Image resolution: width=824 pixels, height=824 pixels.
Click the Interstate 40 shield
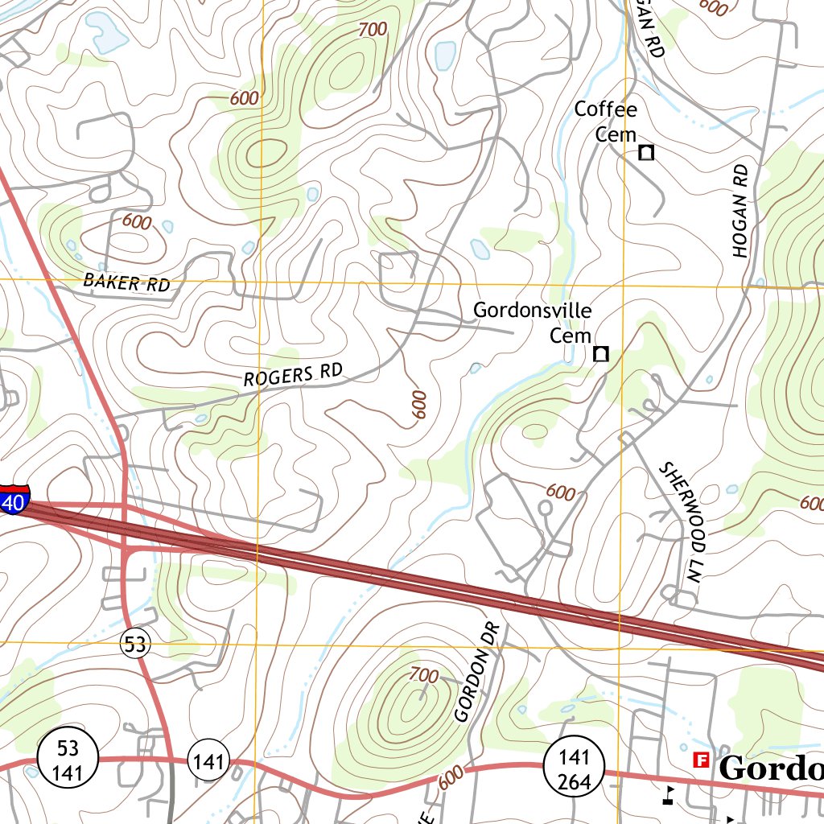[14, 498]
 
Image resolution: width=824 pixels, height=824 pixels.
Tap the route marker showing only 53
[136, 643]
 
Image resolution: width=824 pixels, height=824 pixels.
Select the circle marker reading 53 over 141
[68, 758]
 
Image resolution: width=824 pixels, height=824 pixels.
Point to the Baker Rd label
[126, 282]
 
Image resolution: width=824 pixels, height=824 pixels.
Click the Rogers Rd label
[293, 375]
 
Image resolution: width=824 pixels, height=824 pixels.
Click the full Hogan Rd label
[741, 211]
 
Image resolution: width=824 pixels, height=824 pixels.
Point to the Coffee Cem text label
[606, 122]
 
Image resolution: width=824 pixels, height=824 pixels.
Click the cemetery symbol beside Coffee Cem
[645, 152]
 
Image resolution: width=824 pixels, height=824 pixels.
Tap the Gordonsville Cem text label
[532, 322]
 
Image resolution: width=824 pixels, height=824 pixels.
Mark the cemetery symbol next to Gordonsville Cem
[600, 353]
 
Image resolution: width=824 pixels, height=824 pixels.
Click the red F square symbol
[701, 760]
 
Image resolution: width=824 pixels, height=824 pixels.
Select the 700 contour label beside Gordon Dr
[424, 674]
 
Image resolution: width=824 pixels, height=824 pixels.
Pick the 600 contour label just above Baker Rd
[137, 221]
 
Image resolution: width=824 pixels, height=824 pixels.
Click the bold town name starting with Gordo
[770, 768]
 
